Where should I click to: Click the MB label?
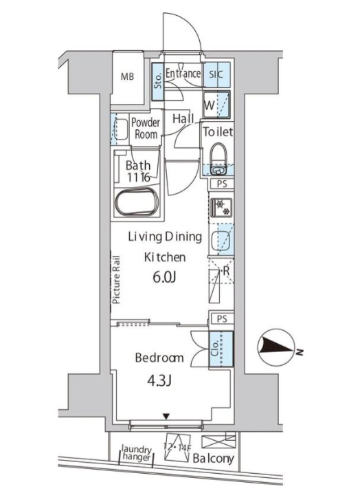point(127,76)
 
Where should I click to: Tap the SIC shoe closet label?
point(216,74)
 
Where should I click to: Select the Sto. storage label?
point(158,81)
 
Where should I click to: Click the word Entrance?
point(183,74)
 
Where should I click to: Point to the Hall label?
point(183,119)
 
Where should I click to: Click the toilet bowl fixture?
point(218,158)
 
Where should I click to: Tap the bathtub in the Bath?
point(136,201)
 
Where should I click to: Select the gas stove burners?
point(222,207)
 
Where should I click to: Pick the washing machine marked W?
point(216,105)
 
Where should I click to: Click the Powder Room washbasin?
point(122,129)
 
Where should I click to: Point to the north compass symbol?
point(276,348)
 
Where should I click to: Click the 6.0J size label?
point(164,277)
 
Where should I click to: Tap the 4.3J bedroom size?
point(159,381)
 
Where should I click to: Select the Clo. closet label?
point(215,349)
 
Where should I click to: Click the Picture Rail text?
point(116,281)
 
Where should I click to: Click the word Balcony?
point(213,459)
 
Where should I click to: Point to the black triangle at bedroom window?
point(166,416)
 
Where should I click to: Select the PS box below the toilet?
point(221,184)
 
